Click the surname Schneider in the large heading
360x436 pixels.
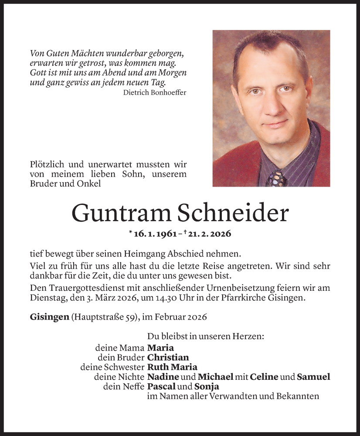pyautogui.click(x=234, y=213)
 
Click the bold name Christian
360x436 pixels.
pyautogui.click(x=168, y=358)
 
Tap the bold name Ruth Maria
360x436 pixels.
pyautogui.click(x=172, y=367)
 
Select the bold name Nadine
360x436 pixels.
pyautogui.click(x=163, y=377)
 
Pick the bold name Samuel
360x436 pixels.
pyautogui.click(x=313, y=377)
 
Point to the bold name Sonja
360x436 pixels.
pyautogui.click(x=207, y=386)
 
